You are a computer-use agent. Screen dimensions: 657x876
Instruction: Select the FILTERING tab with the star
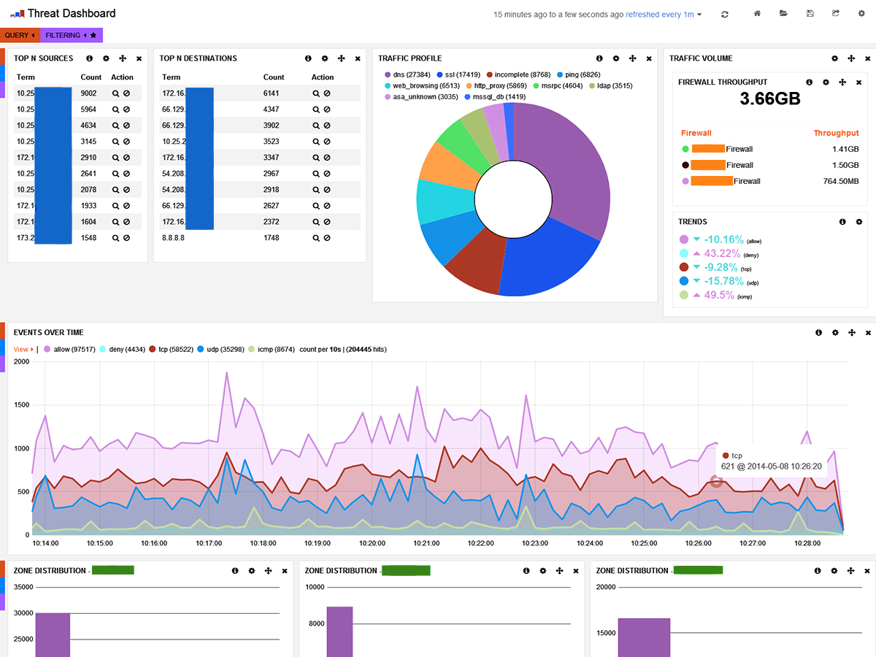72,35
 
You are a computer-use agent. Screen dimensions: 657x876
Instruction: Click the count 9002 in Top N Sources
88,93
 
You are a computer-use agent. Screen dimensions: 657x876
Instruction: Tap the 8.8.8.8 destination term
174,238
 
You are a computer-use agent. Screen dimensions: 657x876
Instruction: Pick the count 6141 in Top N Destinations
272,93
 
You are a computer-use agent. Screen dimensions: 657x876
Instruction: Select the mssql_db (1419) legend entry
499,96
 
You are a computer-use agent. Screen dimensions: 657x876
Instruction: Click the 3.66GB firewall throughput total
770,99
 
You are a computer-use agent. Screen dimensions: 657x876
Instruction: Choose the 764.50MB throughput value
839,181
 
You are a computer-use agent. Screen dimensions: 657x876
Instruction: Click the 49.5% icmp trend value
714,294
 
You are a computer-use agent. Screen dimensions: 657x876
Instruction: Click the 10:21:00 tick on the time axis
426,544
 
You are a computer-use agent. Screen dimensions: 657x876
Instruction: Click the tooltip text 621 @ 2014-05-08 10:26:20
771,466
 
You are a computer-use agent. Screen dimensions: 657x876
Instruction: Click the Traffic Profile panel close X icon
649,58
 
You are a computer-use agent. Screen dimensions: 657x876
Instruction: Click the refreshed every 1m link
659,15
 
